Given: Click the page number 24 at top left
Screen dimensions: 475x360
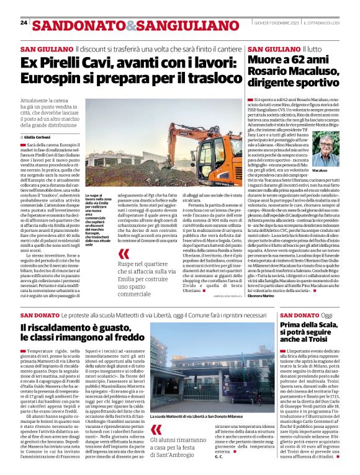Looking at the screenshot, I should pos(24,23).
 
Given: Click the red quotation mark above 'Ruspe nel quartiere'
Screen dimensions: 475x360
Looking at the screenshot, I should pos(124,254).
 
